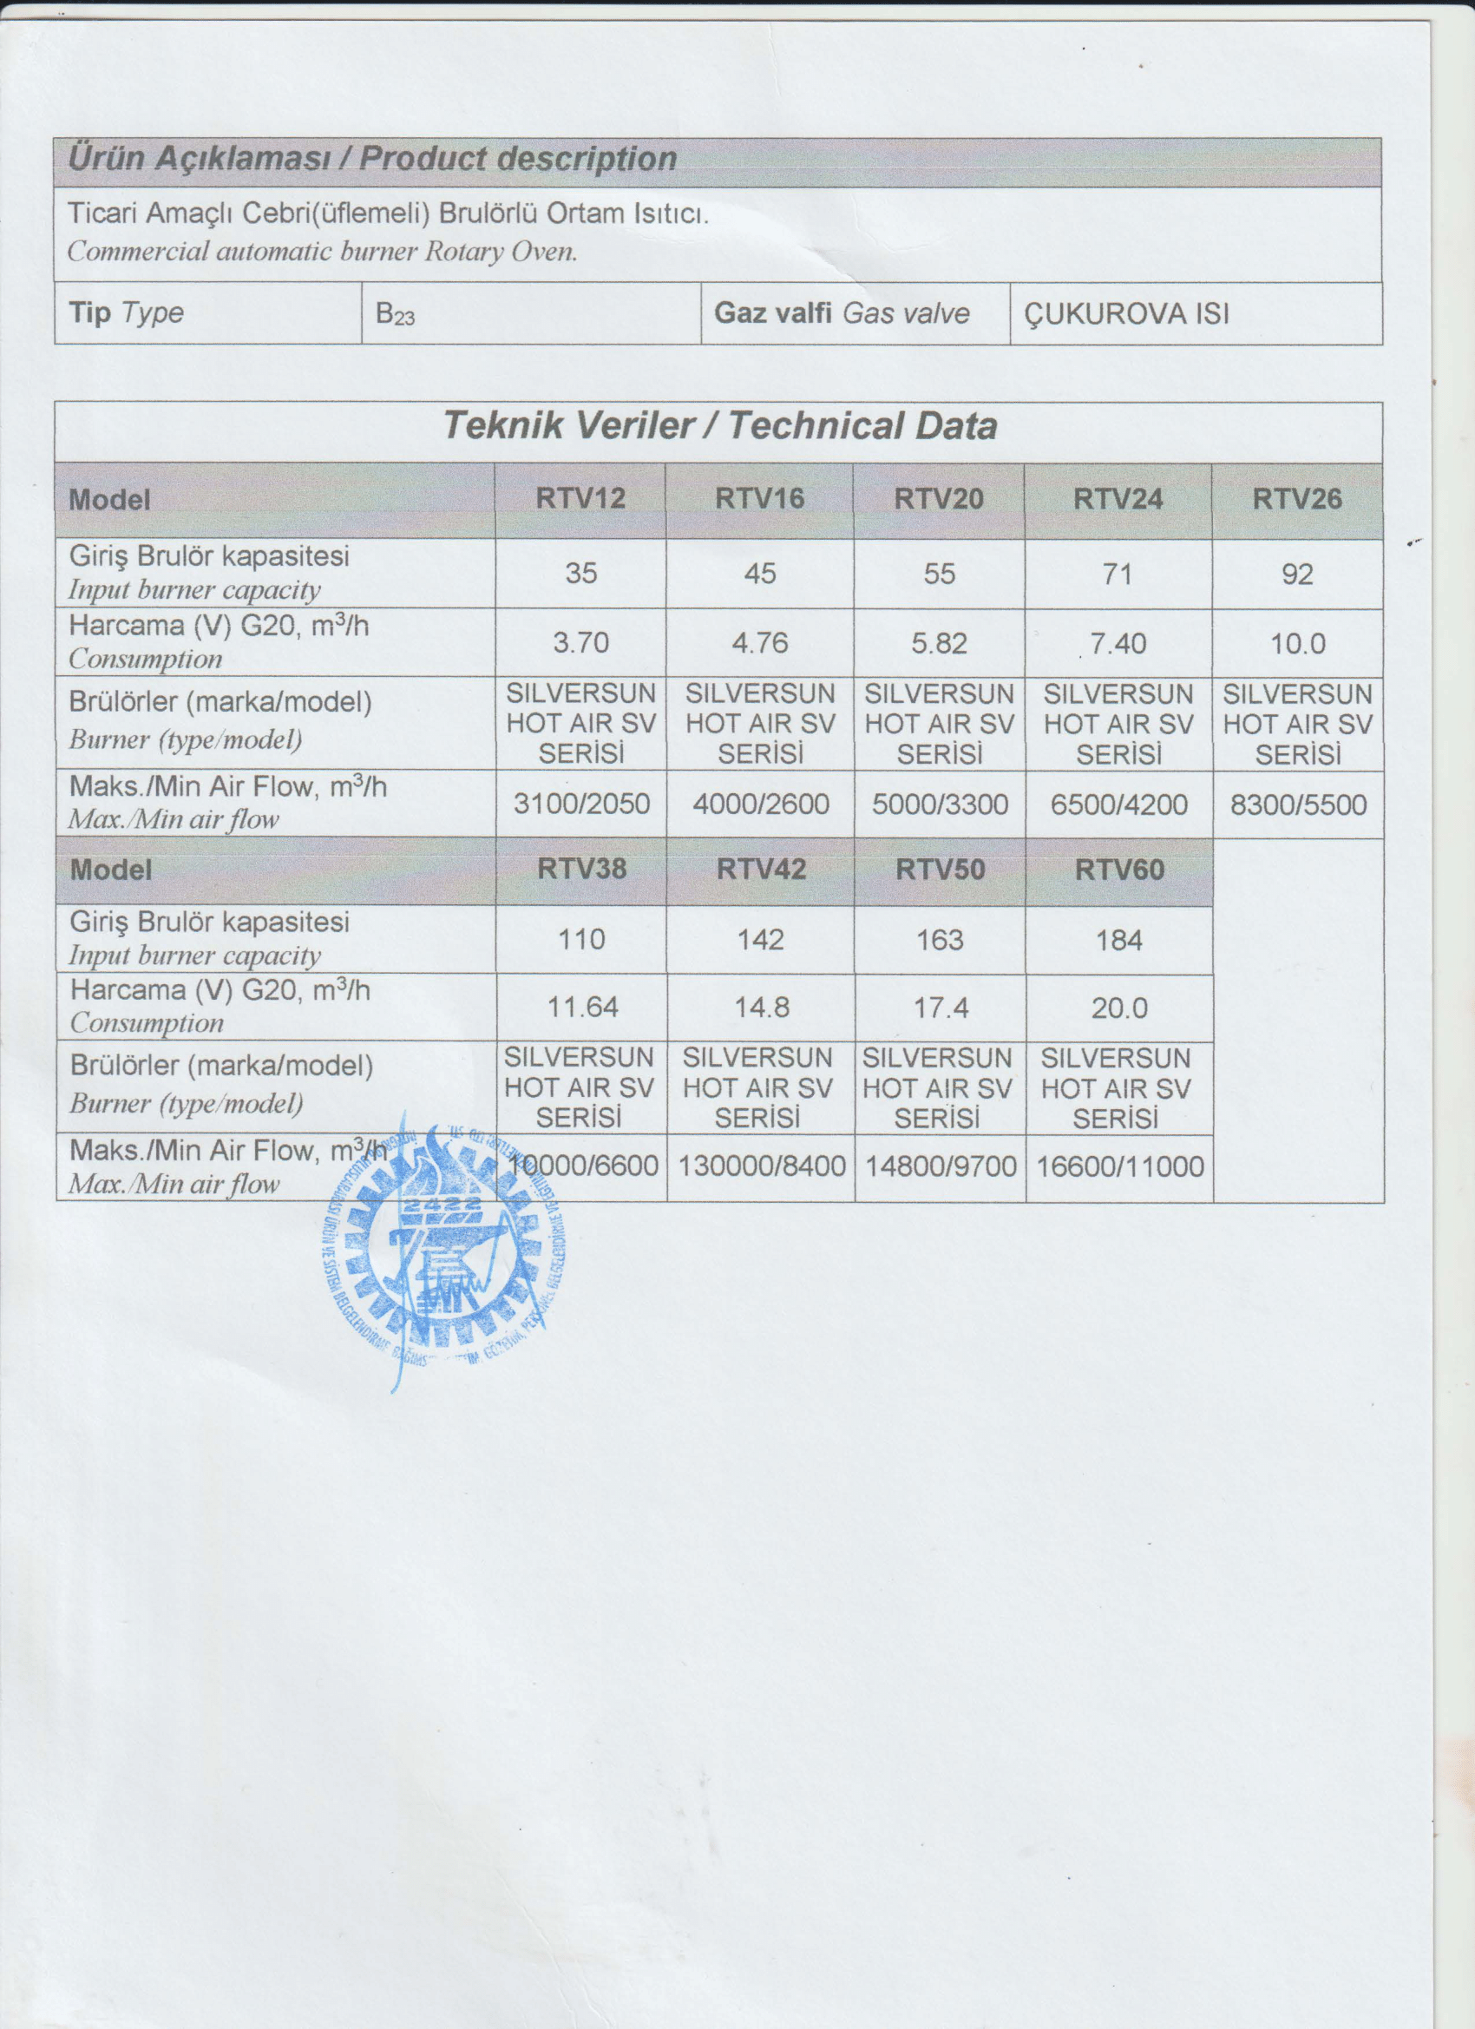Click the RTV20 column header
tap(938, 499)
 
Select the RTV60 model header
tap(1119, 870)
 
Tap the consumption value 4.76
tap(759, 643)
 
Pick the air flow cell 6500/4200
tap(1118, 804)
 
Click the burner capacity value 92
tap(1297, 574)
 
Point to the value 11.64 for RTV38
tap(582, 1008)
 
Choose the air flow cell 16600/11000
tap(1120, 1166)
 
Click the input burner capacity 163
tap(941, 939)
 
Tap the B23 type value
tap(395, 314)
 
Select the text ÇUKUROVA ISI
tap(1126, 314)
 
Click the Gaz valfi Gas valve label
tap(841, 313)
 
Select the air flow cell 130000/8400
tap(761, 1166)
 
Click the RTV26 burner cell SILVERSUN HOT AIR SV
tap(1297, 724)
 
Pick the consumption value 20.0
tap(1119, 1008)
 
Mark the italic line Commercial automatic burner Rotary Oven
tap(322, 252)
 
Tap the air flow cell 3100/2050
tap(581, 804)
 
